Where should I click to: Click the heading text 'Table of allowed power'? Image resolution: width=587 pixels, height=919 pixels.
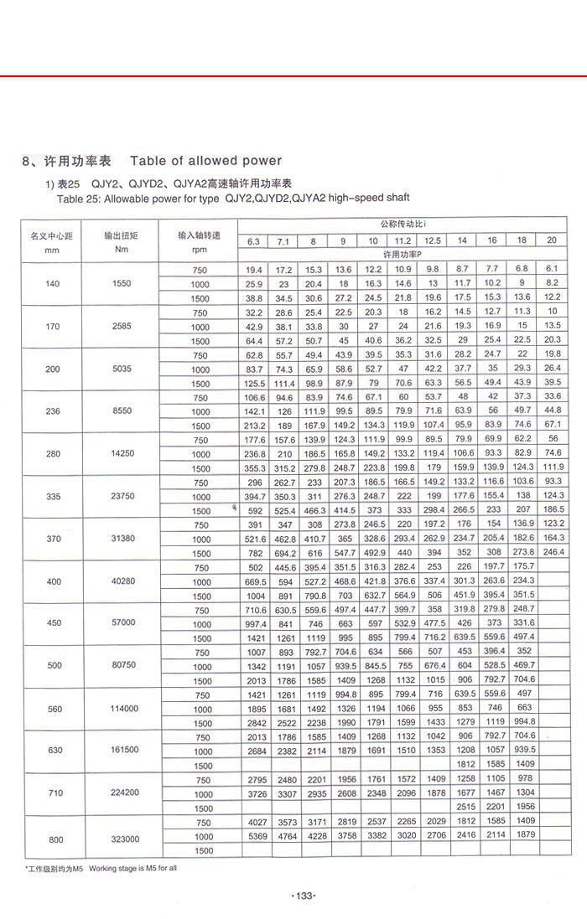coord(205,160)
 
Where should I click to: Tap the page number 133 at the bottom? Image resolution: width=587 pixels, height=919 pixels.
coord(303,896)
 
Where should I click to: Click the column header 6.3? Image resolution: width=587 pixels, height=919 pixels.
coord(253,241)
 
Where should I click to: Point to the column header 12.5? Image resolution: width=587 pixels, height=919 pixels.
coord(434,241)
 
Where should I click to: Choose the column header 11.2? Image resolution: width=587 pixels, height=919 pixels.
coord(403,241)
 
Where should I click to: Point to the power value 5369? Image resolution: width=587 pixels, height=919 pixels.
coord(253,836)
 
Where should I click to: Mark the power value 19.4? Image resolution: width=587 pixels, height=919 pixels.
coord(253,270)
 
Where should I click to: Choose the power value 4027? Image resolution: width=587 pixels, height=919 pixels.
coord(253,822)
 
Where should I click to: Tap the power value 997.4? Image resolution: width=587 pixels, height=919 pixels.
coord(253,623)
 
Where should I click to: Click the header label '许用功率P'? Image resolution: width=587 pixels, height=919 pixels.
coord(402,254)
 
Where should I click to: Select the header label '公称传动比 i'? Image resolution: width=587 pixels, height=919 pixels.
coord(402,225)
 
